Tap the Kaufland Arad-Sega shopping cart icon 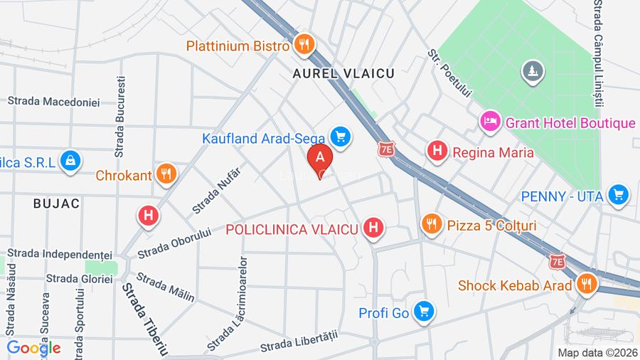coord(341,137)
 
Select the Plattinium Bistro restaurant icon coord(304,46)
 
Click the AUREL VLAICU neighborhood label coord(343,73)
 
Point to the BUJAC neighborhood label coord(56,203)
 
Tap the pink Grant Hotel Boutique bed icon coord(489,122)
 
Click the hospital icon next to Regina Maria coord(437,152)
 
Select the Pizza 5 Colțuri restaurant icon coord(431,225)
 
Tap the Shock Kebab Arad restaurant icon coord(586,285)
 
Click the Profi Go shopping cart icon coord(425,312)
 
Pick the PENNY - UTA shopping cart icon coord(619,194)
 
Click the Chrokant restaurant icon coord(166,174)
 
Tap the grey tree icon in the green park coord(532,70)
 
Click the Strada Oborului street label coord(174,243)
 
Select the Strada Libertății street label coord(297,341)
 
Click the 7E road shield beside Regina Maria coord(386,150)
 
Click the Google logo coord(33,348)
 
